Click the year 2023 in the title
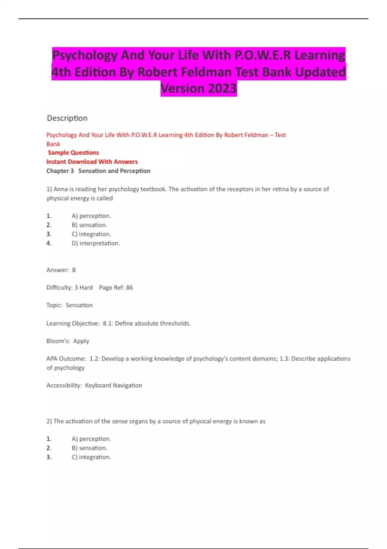pos(222,88)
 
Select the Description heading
pos(67,118)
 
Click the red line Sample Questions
pos(73,152)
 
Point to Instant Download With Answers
pos(92,161)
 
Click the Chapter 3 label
pos(60,171)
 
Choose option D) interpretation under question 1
pos(96,243)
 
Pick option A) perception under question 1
pos(91,216)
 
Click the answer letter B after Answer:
pos(74,270)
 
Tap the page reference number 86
pos(129,287)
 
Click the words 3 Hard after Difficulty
pos(84,287)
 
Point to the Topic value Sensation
pos(79,305)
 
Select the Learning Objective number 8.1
pos(108,323)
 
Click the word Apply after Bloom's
pos(81,341)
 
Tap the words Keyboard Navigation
pos(114,385)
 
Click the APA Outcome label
pos(66,358)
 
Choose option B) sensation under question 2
pos(89,448)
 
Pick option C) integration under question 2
pos(91,457)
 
